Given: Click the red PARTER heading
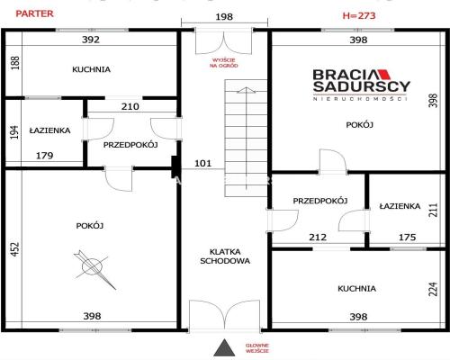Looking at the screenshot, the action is point(34,13).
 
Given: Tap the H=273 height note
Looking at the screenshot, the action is point(359,15).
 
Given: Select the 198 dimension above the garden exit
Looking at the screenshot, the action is point(224,17).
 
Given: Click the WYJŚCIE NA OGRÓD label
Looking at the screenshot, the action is point(224,63).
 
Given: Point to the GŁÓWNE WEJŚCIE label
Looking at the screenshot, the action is point(257,348).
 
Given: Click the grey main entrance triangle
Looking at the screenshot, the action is point(224,348).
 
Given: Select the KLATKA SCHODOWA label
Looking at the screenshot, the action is point(225,256).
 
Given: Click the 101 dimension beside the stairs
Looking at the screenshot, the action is point(203,163).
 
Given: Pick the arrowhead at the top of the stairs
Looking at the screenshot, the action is point(246,90).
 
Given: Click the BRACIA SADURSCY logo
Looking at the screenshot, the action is point(361,85).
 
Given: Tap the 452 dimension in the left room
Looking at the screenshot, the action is point(15,248).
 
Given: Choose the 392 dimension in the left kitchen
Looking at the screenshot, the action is point(91,40).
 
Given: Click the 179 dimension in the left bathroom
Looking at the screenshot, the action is point(44,156).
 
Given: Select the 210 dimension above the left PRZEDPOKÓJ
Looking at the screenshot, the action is point(130,106).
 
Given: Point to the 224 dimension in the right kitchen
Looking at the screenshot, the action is point(433,289).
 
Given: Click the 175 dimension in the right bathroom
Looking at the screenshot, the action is point(407,238).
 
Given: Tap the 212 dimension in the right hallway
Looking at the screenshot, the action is point(318,238).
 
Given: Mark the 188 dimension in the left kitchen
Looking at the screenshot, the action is point(15,63).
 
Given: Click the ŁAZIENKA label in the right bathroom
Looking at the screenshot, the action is point(400,206).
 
